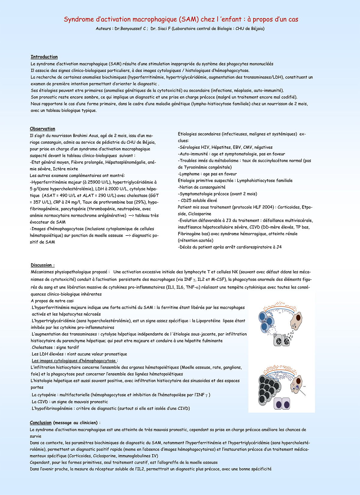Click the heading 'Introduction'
tap(44, 57)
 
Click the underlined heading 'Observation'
tap(42, 129)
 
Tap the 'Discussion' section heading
tap(41, 265)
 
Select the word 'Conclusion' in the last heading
tap(41, 423)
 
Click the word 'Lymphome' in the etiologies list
tap(190, 174)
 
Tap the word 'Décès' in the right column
tap(186, 247)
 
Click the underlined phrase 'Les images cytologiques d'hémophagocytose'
tap(74, 361)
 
